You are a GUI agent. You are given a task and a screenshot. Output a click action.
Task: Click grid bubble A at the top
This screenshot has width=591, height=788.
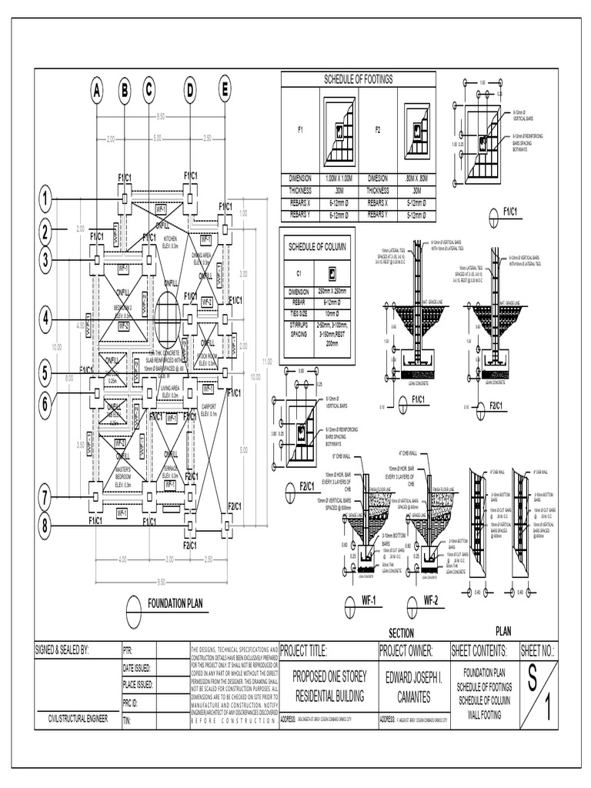tap(97, 90)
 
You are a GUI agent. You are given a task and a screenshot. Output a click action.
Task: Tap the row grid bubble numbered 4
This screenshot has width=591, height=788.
tap(46, 317)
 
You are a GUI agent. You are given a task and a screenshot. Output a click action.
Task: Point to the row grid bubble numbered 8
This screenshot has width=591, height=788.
tap(46, 526)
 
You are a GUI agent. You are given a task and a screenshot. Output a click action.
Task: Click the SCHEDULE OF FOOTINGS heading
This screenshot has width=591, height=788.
tap(358, 79)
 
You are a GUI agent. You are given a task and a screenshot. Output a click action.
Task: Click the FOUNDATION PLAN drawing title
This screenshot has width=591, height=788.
tap(175, 603)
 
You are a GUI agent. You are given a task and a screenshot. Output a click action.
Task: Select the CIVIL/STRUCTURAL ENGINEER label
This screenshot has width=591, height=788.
tap(78, 719)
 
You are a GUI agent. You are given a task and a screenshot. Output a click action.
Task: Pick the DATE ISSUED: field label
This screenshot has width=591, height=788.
tap(138, 668)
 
